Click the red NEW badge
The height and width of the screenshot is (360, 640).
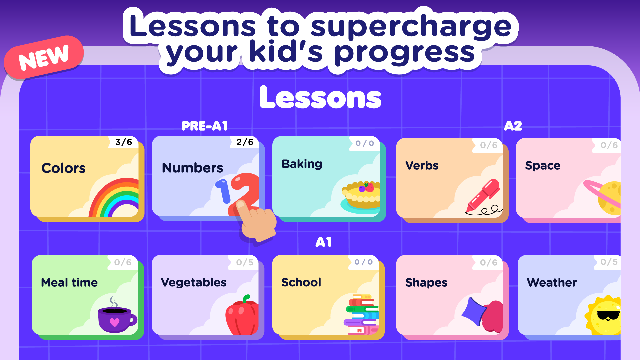44,58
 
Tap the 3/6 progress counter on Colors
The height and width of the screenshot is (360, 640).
124,142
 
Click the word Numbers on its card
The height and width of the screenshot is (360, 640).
192,168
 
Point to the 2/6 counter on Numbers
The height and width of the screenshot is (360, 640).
245,142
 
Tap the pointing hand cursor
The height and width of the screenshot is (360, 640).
257,222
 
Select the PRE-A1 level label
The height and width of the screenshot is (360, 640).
205,126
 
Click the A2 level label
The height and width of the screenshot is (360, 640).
513,126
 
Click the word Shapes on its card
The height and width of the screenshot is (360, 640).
426,283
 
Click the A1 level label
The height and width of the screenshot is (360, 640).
324,242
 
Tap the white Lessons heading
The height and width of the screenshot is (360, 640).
320,98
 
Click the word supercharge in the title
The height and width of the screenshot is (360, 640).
411,27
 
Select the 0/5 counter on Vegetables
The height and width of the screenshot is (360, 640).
245,263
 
